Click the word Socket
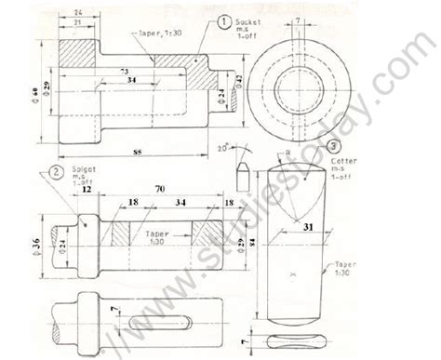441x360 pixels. (x=247, y=18)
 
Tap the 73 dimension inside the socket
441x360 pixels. (x=123, y=71)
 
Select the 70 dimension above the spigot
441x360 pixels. (x=159, y=188)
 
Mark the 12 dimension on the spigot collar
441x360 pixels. (x=86, y=190)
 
